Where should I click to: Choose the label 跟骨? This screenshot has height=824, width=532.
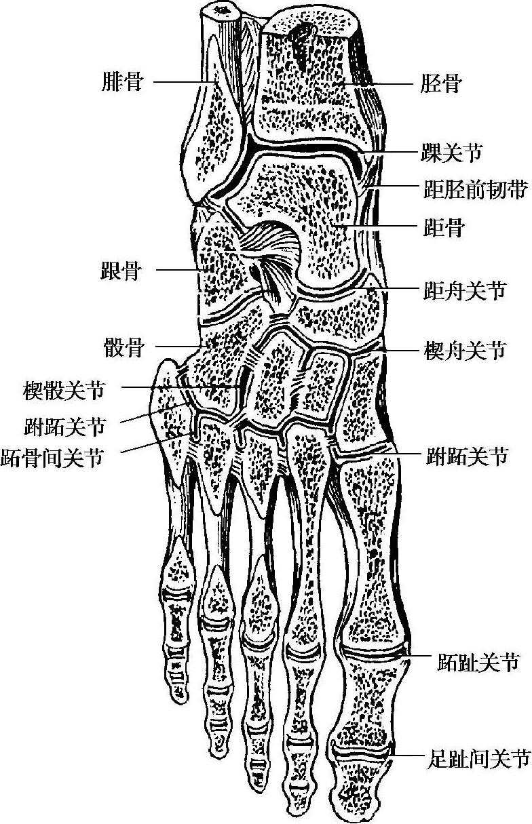(x=123, y=272)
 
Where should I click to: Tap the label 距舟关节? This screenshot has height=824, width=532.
(x=464, y=291)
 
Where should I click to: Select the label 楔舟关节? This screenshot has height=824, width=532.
(x=464, y=351)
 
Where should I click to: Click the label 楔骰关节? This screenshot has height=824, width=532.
(x=65, y=390)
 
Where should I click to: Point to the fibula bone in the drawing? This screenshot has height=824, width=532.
(x=216, y=129)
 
